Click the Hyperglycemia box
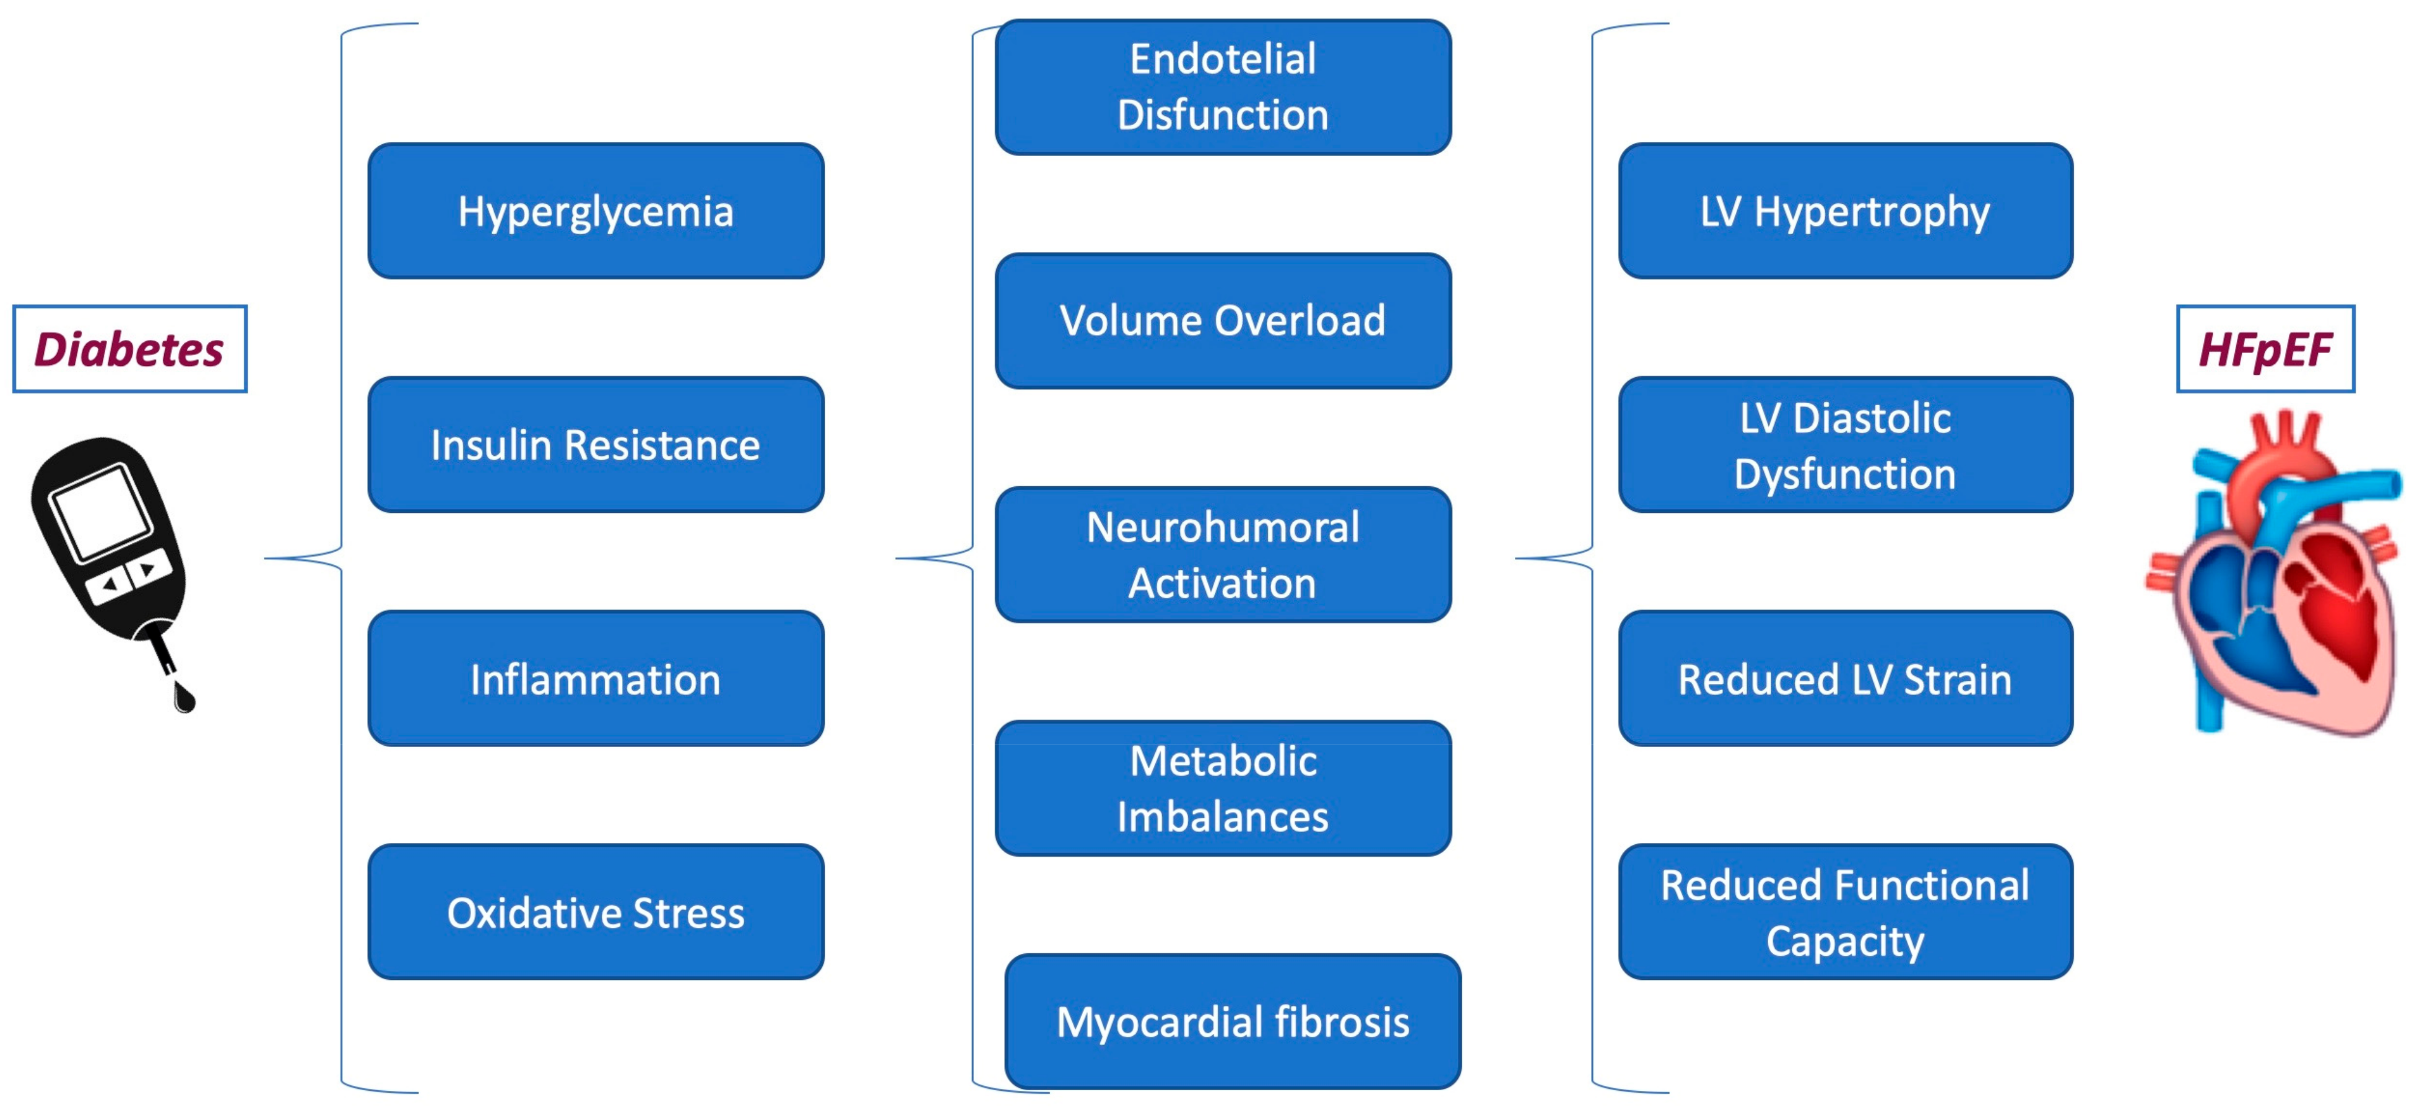coord(596,211)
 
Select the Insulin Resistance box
coord(596,445)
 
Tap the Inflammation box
coord(596,678)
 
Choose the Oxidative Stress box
coord(596,912)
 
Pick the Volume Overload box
coord(1223,321)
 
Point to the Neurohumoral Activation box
coord(1223,554)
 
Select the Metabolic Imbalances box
coord(1223,789)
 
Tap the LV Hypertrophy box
coord(1845,211)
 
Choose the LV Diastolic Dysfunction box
coord(1845,445)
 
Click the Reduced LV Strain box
coord(1845,678)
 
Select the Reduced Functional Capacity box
coord(1845,912)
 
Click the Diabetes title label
coord(129,349)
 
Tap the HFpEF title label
coord(2265,349)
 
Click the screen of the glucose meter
coord(102,512)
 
